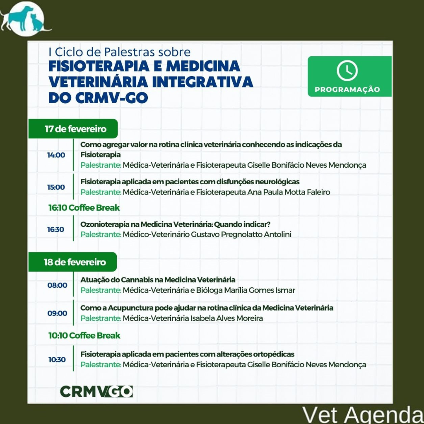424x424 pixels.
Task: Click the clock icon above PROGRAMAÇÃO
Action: tap(347, 70)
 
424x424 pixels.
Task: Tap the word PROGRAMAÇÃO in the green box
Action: tap(347, 89)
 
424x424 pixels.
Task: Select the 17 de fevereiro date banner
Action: tap(73, 129)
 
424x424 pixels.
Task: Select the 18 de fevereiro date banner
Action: tap(72, 262)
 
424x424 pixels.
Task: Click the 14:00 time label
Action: tap(56, 155)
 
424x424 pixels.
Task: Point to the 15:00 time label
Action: tap(56, 187)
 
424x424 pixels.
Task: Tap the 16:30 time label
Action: tap(56, 229)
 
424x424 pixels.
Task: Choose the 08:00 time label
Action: tap(57, 285)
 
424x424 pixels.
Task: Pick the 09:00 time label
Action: tap(57, 313)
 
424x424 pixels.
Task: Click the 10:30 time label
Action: tap(57, 360)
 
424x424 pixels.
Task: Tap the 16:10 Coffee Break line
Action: tap(84, 208)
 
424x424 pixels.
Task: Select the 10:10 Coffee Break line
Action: tap(84, 335)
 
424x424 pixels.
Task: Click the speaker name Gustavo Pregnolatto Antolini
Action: tap(241, 234)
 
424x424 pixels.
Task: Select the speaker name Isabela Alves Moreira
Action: tap(226, 318)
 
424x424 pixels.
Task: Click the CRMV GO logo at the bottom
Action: tap(96, 392)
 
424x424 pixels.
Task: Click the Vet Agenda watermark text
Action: tap(363, 415)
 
